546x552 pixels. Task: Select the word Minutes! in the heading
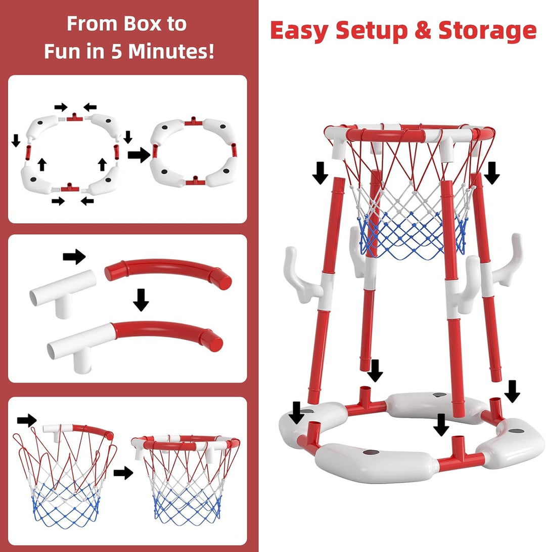tap(171, 52)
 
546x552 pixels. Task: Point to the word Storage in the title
tap(487, 31)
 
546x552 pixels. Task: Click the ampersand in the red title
tap(423, 30)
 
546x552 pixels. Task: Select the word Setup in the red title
tap(372, 31)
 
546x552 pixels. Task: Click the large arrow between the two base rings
tap(139, 154)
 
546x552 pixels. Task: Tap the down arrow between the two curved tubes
tap(141, 300)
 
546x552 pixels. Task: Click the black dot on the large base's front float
tap(371, 452)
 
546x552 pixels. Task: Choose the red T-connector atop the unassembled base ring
tap(75, 117)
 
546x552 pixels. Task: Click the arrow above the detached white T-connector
tap(74, 257)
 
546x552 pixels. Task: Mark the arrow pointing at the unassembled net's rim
tap(27, 420)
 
